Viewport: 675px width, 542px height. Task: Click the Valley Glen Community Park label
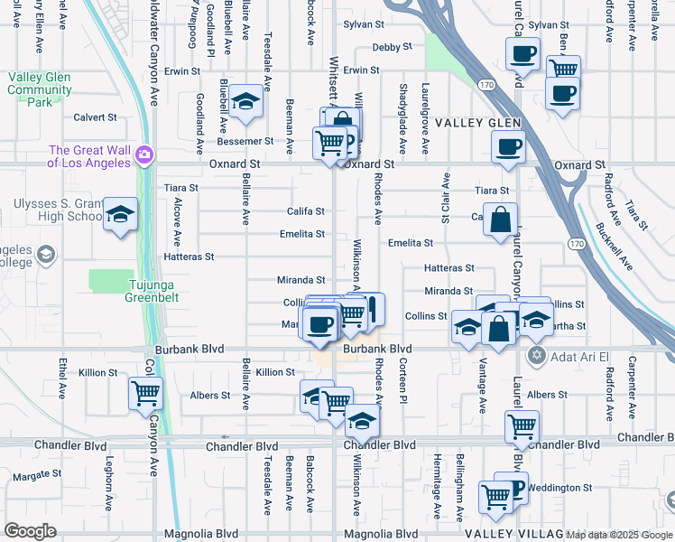41,90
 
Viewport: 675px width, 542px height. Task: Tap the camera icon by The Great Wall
144,157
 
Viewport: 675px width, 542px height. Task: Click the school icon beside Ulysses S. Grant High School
119,217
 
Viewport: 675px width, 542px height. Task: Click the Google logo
30,531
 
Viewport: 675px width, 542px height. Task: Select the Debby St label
393,46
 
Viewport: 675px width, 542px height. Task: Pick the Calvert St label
96,117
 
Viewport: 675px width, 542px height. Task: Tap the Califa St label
306,211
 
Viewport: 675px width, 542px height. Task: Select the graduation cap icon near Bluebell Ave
245,104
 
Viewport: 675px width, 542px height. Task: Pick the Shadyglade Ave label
402,109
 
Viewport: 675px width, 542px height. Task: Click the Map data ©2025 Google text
619,535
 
